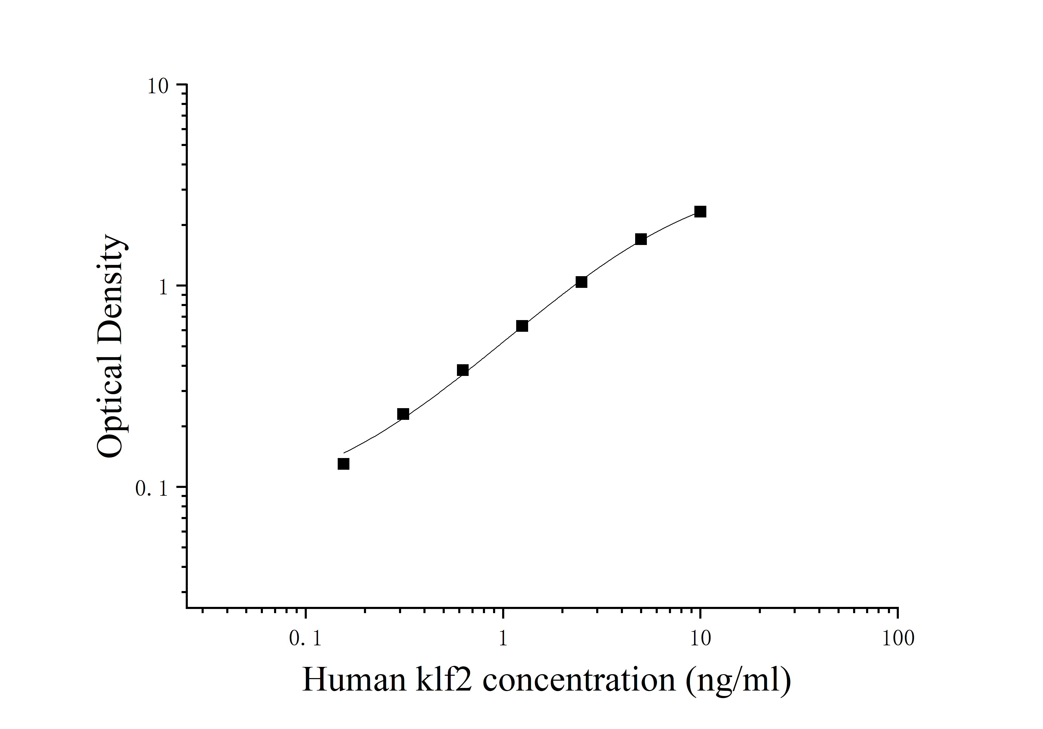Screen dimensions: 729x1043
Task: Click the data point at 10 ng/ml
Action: pyautogui.click(x=700, y=212)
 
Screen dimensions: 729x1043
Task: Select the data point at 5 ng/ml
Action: pyautogui.click(x=641, y=239)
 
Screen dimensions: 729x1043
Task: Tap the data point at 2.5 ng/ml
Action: pyautogui.click(x=581, y=282)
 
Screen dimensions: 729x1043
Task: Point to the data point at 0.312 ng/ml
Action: pyautogui.click(x=403, y=414)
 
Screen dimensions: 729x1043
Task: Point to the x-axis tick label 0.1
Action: pyautogui.click(x=305, y=639)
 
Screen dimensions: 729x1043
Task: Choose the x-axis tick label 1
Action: pyautogui.click(x=503, y=639)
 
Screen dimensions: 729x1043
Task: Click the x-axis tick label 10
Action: pyautogui.click(x=700, y=639)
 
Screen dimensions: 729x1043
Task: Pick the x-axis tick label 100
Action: pyautogui.click(x=898, y=639)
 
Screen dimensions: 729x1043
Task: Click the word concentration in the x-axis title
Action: pyautogui.click(x=579, y=680)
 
